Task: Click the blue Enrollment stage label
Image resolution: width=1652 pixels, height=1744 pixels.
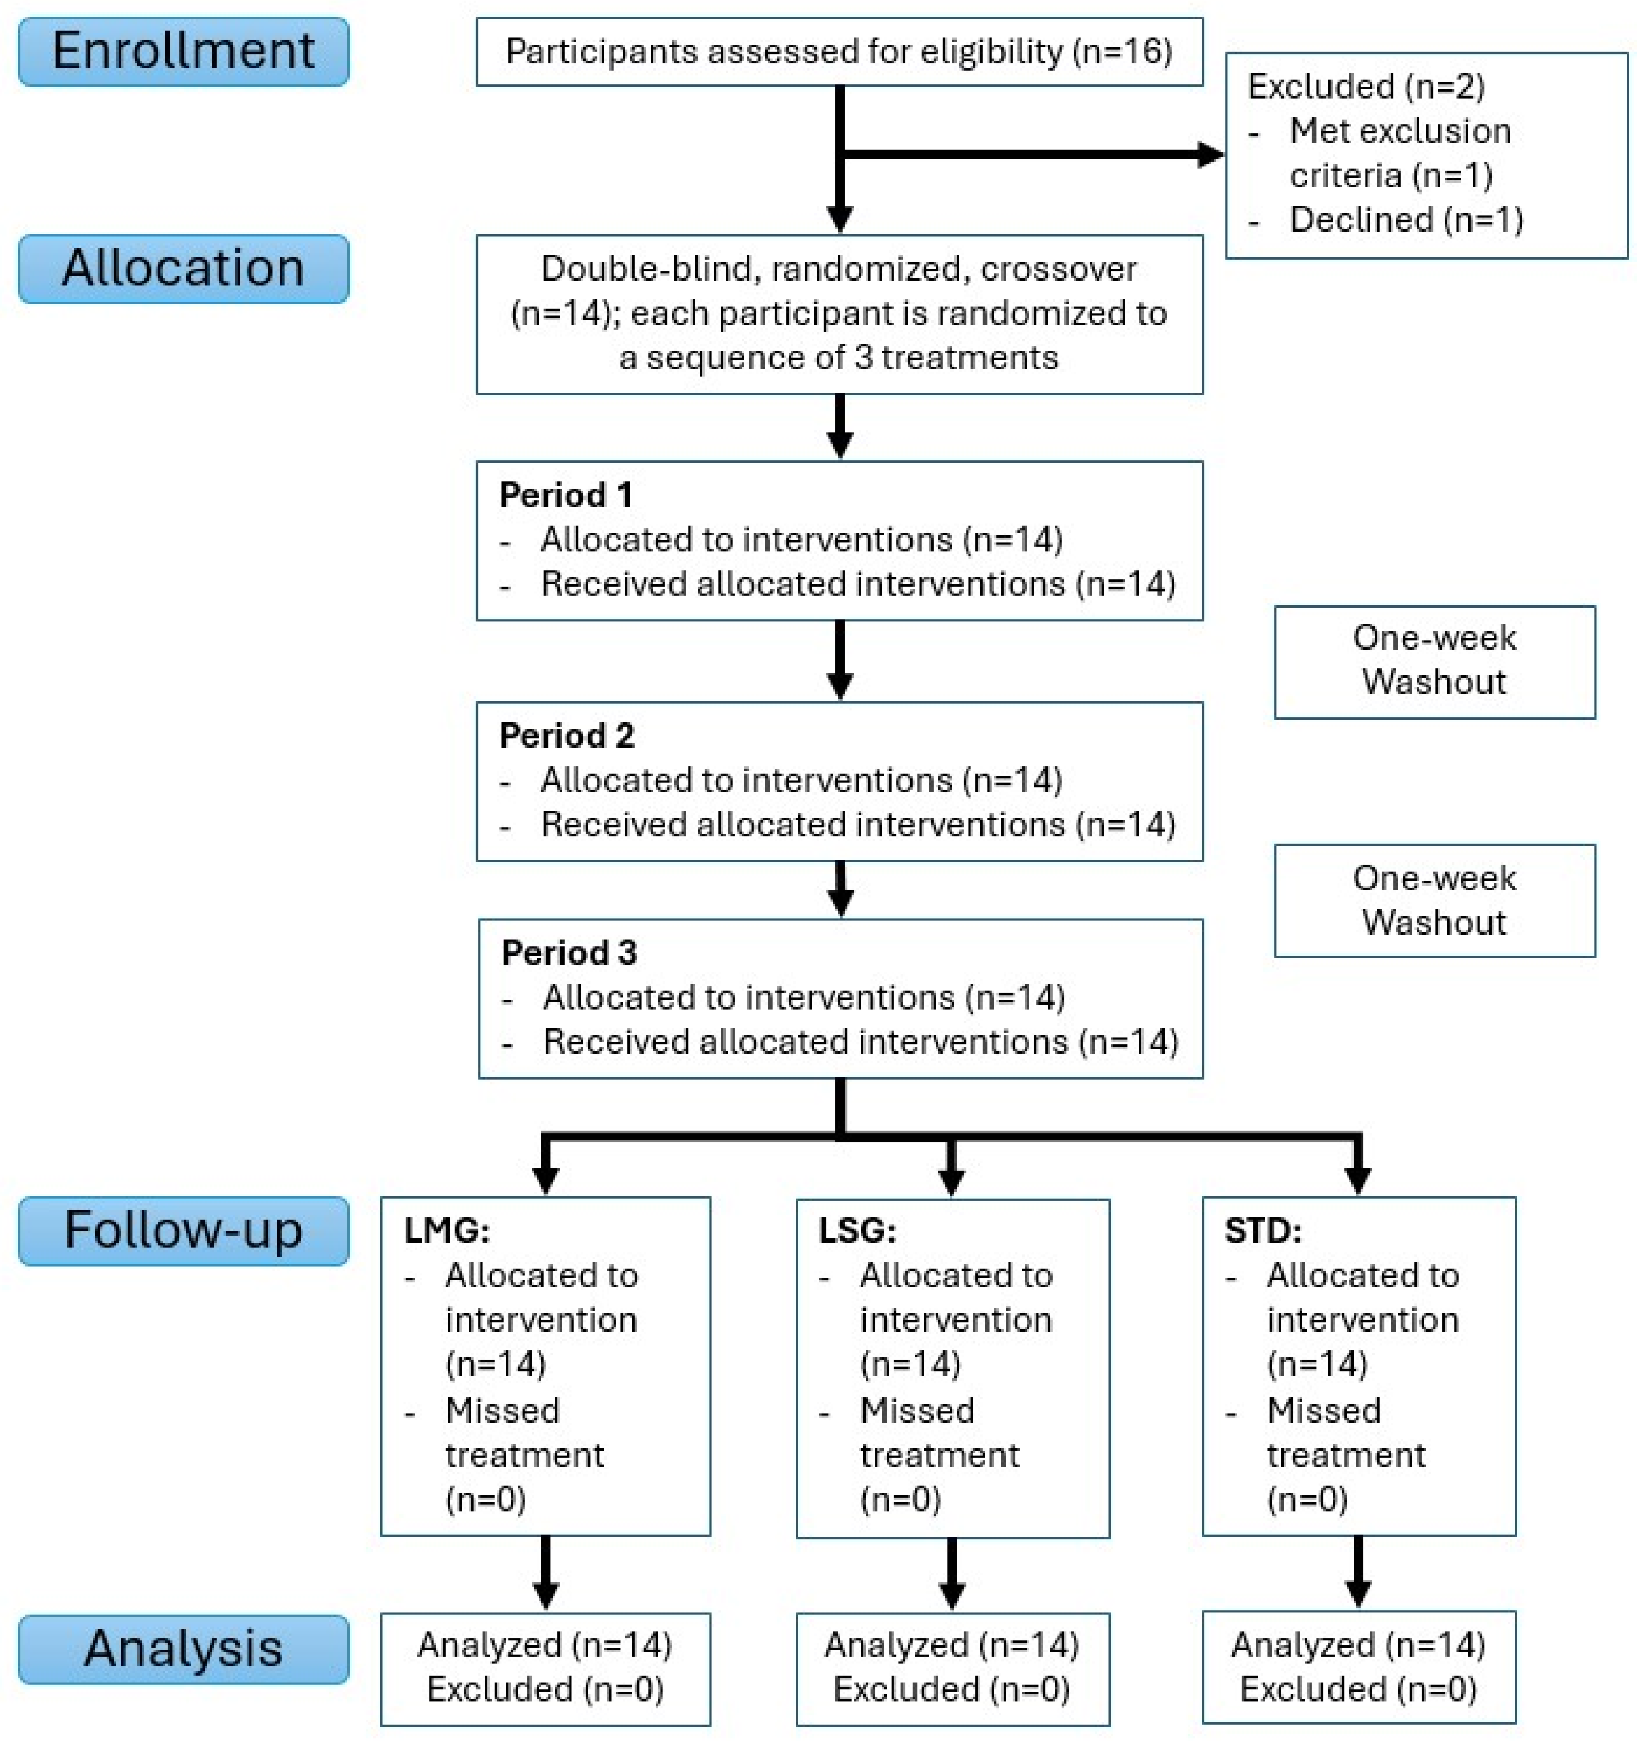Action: pos(183,51)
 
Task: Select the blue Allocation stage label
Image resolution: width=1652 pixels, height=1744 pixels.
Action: pos(183,269)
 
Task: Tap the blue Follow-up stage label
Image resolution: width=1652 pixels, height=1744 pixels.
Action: pos(183,1231)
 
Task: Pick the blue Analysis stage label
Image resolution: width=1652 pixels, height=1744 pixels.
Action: pos(183,1649)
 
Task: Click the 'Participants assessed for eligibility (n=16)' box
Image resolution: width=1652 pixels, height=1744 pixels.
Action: pos(839,51)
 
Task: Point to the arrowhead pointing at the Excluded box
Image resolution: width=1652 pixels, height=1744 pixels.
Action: pos(1211,155)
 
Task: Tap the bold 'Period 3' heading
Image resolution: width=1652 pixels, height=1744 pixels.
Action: pos(570,953)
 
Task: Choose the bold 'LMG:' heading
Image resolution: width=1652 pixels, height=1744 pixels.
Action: pos(447,1231)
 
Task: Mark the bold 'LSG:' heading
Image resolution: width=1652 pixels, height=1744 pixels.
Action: pos(857,1231)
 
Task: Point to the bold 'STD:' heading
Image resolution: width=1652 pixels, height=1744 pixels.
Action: pos(1263,1231)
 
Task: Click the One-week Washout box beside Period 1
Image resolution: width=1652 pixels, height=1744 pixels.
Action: pos(1435,662)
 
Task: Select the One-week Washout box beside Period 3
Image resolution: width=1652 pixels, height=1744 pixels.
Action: pos(1435,900)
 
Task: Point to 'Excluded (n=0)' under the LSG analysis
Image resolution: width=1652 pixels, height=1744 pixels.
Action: pos(952,1688)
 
